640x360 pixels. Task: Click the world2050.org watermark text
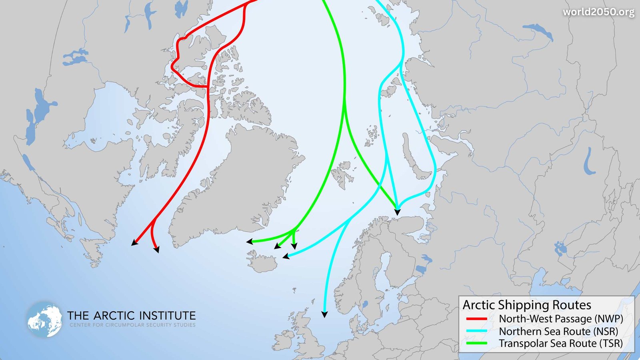click(x=598, y=12)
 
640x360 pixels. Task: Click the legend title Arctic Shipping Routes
click(x=527, y=305)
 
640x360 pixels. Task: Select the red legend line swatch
click(x=476, y=319)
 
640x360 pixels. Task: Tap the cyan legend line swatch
click(x=476, y=331)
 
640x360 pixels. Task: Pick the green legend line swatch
click(x=476, y=343)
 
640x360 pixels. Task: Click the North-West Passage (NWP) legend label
click(x=561, y=319)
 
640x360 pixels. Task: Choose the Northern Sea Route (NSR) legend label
click(x=558, y=331)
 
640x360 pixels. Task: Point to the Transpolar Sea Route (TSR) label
click(x=560, y=343)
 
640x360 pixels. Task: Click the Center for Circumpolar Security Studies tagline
click(x=132, y=325)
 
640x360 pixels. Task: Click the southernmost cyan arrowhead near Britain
click(x=324, y=315)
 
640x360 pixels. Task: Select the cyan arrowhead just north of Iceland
click(x=286, y=256)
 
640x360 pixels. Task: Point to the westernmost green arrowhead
click(x=249, y=242)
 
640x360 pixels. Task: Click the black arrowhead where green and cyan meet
click(x=397, y=212)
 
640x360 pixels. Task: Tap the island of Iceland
click(x=264, y=262)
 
